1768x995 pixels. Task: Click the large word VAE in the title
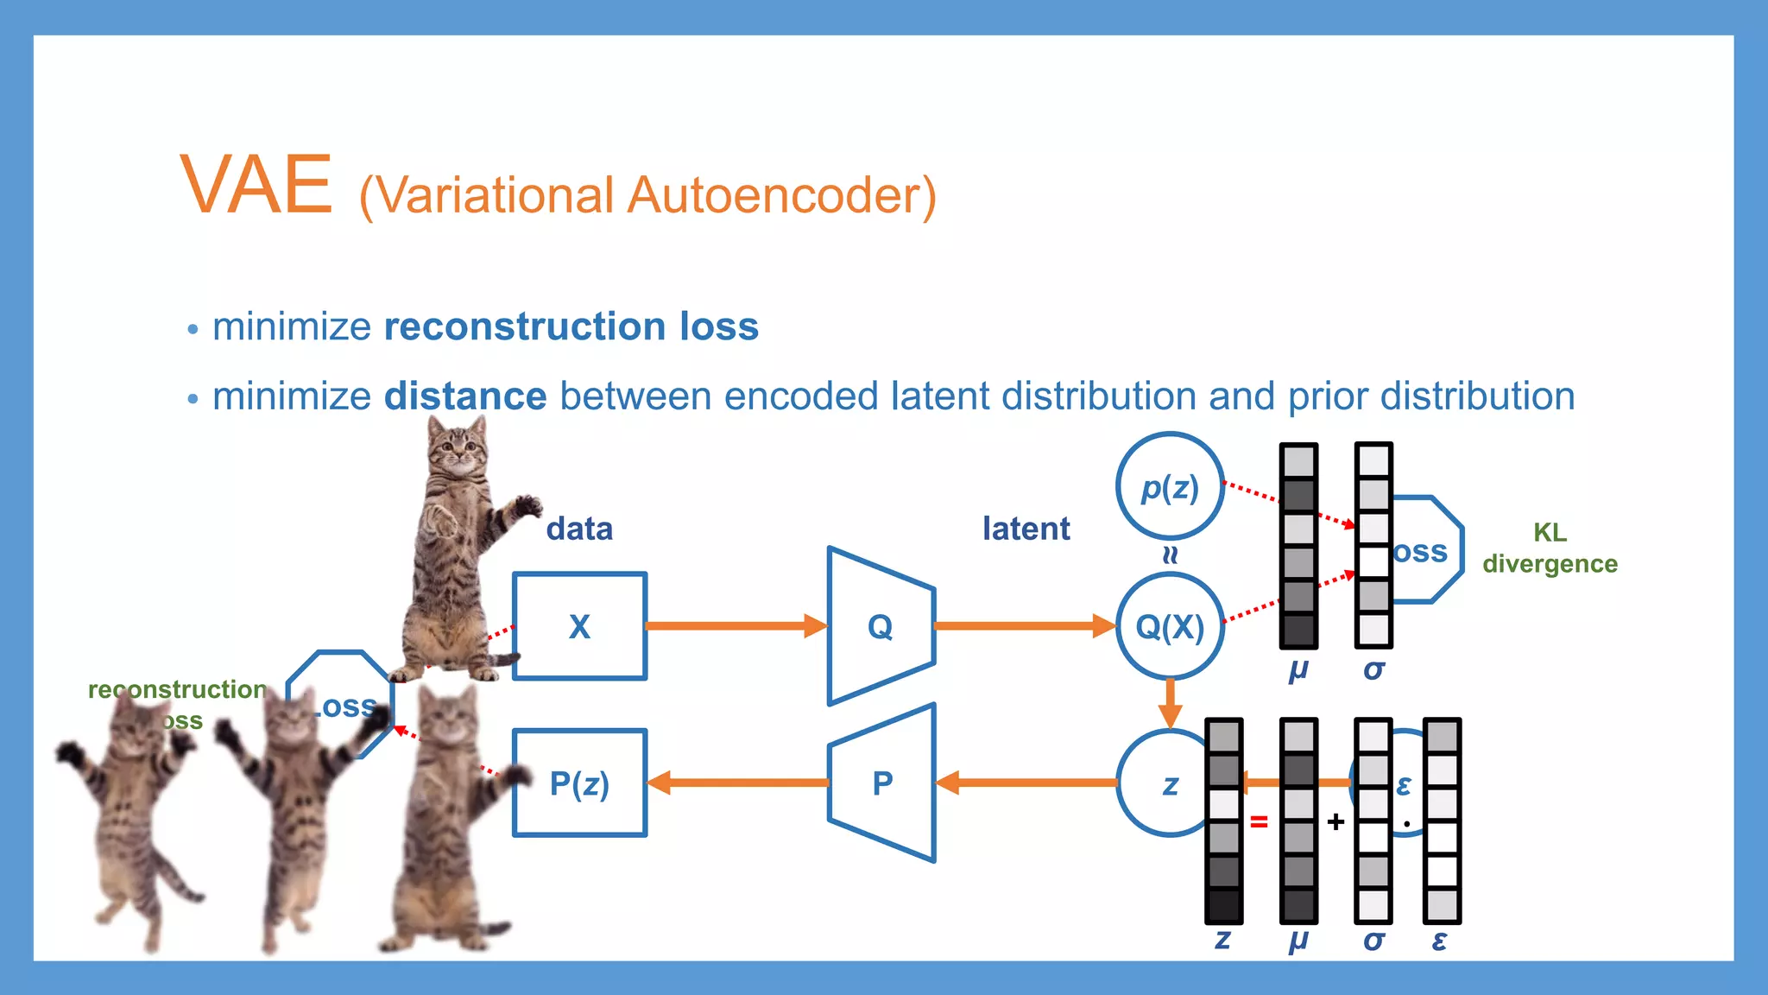[256, 185]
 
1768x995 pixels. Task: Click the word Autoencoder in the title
[781, 195]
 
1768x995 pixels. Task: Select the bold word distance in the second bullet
[465, 396]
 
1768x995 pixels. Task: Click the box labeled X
[579, 626]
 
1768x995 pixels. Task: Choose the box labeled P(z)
[579, 783]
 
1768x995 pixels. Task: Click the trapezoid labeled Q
[880, 626]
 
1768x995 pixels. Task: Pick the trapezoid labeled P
[881, 783]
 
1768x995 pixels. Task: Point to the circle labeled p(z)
[1170, 487]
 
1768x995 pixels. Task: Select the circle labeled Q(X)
[1170, 626]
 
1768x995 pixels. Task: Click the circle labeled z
[1165, 784]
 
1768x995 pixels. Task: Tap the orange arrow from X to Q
[734, 626]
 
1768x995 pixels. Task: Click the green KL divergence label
[1550, 548]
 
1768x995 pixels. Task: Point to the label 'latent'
[1026, 529]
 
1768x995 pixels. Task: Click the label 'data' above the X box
[579, 529]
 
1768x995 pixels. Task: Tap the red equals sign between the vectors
[1260, 821]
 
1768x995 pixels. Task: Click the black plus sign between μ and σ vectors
[1335, 821]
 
